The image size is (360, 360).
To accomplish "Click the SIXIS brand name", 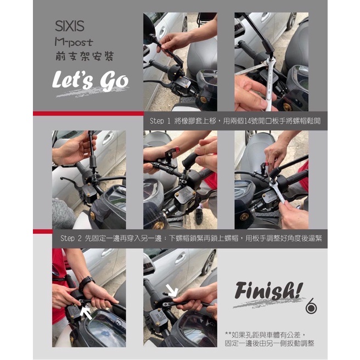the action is pos(70,26).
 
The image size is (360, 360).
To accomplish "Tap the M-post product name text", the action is pos(74,42).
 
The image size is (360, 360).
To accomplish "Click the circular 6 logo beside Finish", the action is pos(311,306).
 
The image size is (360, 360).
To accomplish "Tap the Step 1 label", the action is pos(160,121).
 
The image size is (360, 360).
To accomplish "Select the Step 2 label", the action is pos(71,238).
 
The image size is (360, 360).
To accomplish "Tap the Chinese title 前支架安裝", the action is pos(85,56).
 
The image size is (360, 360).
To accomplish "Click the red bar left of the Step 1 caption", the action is pos(88,114).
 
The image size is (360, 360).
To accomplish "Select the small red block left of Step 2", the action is pos(43,231).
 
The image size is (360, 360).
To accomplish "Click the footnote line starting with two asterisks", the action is pos(266,335).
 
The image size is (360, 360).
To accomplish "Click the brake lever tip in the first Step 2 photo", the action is pos(62,178).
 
